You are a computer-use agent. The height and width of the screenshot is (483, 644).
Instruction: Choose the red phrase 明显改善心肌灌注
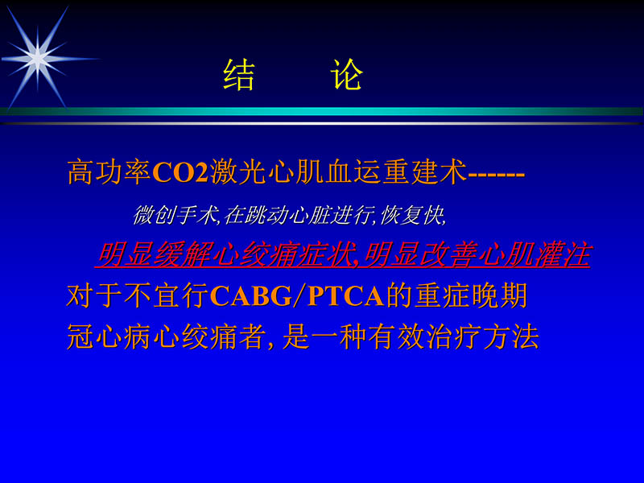[477, 256]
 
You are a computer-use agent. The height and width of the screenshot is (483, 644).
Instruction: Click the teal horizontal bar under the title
[322, 111]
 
